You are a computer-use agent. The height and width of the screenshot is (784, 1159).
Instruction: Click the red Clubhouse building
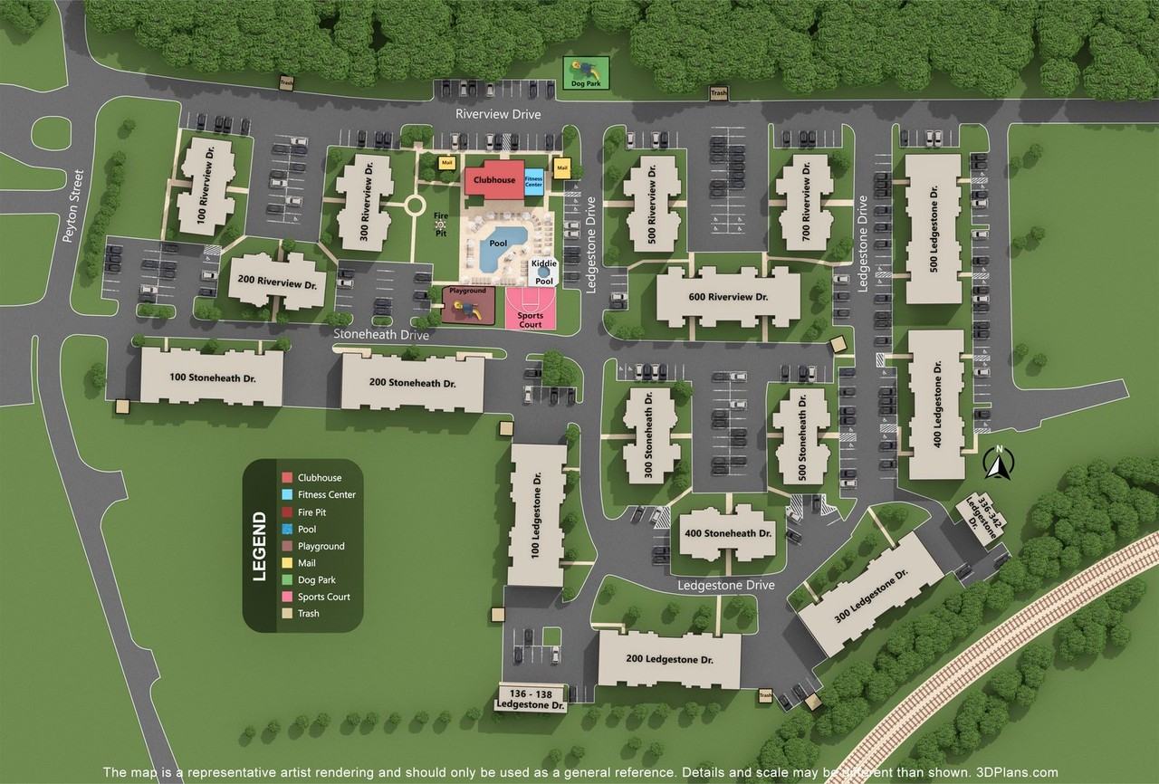[493, 179]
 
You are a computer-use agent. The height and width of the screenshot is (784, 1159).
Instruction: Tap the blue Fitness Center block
[534, 180]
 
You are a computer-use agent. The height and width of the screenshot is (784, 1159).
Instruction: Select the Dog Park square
[586, 72]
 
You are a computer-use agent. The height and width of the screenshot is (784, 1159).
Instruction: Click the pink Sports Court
[530, 310]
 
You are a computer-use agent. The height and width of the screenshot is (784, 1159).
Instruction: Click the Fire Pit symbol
[441, 224]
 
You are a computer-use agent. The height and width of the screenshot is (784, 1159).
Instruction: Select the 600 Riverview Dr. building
[727, 297]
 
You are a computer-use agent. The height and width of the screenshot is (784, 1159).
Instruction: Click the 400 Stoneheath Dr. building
[728, 534]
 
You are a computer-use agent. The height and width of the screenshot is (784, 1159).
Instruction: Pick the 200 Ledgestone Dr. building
[669, 659]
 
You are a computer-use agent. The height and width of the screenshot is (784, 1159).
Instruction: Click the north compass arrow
[999, 464]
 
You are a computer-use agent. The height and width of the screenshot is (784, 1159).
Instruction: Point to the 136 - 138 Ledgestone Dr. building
[532, 698]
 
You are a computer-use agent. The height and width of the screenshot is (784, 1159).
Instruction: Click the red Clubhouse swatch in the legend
[286, 478]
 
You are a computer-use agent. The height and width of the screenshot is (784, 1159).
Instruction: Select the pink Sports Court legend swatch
[286, 597]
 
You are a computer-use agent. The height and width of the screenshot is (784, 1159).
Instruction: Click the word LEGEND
[260, 546]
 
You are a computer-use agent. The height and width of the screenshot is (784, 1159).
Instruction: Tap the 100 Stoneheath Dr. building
[212, 377]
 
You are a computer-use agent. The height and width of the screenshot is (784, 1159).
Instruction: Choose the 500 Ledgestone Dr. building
[933, 229]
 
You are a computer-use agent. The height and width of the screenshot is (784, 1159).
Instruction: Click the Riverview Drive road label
[498, 115]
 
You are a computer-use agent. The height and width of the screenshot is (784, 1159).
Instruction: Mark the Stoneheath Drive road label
[381, 334]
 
